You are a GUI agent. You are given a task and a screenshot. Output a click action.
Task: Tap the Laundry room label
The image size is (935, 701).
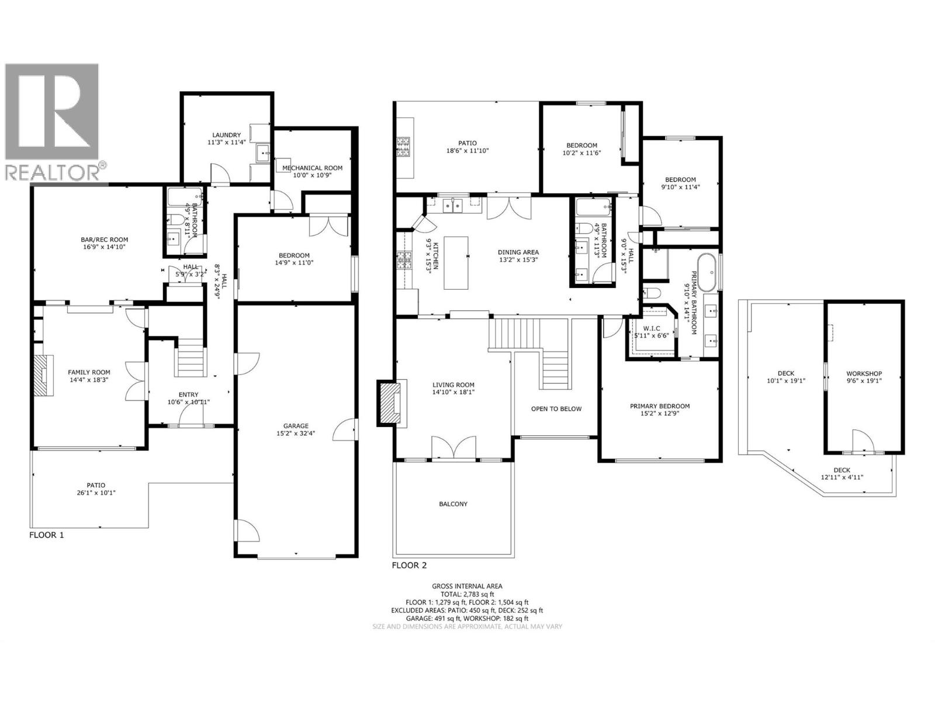point(227,135)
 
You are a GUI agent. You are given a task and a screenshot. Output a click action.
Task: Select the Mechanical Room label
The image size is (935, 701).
point(313,168)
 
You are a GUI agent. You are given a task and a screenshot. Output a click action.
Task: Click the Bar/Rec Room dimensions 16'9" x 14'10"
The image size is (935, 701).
point(104,247)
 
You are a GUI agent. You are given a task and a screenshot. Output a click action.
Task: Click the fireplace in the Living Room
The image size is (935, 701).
point(391,402)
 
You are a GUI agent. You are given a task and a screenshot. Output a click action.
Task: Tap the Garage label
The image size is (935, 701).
point(296,426)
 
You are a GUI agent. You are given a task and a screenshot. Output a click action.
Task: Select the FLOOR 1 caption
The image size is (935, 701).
point(46,535)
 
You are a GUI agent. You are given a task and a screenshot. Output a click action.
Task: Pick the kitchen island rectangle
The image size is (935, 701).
point(456,262)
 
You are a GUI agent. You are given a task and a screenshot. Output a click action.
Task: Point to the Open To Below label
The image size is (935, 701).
point(556,408)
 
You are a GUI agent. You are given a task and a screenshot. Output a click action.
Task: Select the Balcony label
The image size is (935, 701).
point(453,504)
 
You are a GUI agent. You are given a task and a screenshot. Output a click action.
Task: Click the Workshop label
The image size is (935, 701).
point(864,374)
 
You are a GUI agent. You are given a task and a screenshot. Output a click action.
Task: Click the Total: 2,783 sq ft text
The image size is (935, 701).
point(467,594)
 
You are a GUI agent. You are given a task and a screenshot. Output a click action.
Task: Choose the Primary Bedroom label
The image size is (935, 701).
point(659,406)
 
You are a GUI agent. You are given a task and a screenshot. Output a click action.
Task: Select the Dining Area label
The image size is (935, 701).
point(518,252)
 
